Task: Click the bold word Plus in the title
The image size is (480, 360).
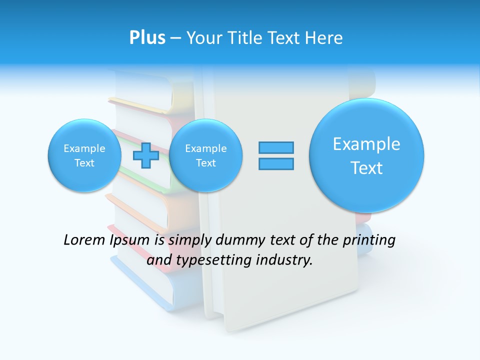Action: [147, 38]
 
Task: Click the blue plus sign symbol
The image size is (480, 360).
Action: [145, 155]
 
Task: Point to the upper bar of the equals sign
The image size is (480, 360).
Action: [276, 147]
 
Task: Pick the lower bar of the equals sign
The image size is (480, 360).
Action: [276, 163]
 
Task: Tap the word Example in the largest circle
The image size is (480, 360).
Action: [366, 144]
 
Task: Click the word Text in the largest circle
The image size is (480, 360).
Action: [366, 168]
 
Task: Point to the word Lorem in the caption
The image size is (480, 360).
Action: [84, 240]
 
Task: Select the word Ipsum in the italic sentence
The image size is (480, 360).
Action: [130, 240]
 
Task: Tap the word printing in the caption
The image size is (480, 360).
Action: [370, 240]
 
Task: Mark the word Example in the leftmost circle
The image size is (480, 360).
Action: [84, 148]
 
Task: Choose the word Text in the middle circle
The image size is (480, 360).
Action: [205, 163]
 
